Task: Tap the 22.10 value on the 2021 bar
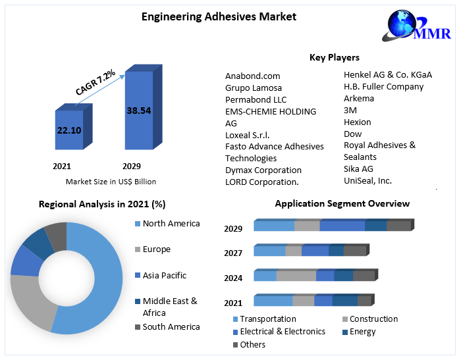69,130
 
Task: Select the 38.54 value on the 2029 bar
139,111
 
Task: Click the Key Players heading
335,58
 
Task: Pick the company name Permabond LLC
256,99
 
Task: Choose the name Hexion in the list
357,122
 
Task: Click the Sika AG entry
358,168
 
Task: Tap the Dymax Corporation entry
263,170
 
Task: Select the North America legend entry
171,224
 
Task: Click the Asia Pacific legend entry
164,275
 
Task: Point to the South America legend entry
171,326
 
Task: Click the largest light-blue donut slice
99,283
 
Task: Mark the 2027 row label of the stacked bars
233,253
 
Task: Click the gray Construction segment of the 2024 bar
296,275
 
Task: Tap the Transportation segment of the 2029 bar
274,226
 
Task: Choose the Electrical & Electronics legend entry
282,332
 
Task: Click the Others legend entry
252,344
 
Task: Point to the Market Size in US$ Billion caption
111,182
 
